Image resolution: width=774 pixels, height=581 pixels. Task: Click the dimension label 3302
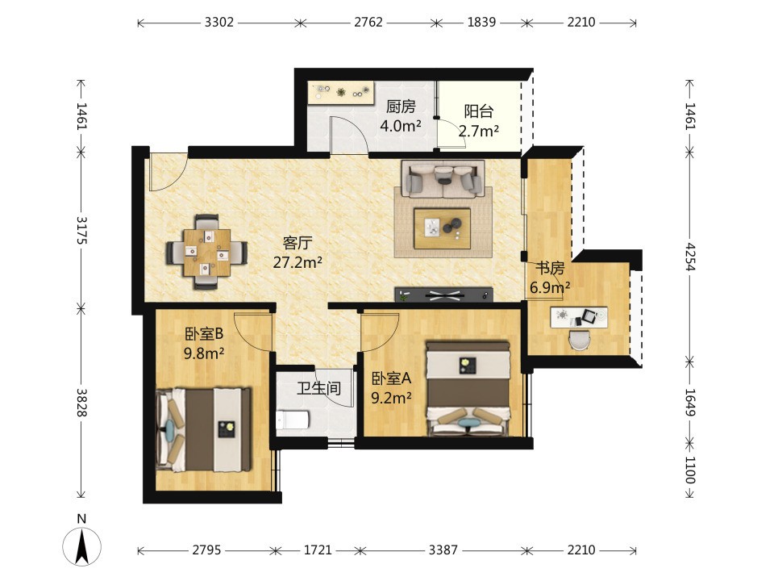point(219,23)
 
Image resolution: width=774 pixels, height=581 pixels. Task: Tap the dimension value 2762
point(368,23)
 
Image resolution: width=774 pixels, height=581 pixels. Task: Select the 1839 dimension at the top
point(481,23)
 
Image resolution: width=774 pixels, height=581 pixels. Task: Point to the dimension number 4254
point(690,257)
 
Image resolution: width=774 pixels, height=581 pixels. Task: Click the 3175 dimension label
point(81,230)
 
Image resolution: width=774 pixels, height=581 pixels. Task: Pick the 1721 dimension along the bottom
point(318,550)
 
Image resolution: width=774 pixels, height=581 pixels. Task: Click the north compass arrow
point(82,546)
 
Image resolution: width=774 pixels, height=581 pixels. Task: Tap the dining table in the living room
point(207,253)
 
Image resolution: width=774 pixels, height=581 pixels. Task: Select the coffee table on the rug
point(443,228)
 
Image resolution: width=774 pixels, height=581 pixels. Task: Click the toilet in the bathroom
point(293,420)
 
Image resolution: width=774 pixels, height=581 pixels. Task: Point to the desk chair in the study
point(580,340)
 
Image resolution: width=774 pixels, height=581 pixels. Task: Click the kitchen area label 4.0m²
point(401,126)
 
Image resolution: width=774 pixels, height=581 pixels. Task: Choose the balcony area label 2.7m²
point(478,131)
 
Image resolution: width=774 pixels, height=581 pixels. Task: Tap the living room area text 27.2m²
point(298,261)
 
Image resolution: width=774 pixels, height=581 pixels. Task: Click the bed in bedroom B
point(203,429)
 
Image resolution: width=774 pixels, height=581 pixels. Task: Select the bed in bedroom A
point(468,389)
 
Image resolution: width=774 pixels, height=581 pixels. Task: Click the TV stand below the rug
point(443,295)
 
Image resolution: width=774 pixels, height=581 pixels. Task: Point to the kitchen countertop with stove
point(340,92)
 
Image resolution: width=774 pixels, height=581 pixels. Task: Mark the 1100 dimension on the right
point(690,470)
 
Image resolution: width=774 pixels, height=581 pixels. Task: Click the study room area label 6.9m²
point(551,287)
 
